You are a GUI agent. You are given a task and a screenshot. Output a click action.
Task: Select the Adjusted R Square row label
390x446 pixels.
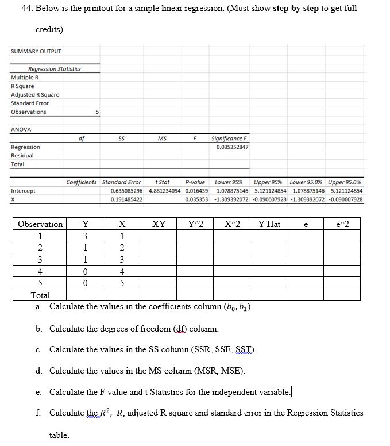click(35, 95)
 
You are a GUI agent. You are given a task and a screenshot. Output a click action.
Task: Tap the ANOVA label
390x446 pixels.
click(21, 129)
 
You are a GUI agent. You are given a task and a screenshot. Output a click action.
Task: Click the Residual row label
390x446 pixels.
click(22, 156)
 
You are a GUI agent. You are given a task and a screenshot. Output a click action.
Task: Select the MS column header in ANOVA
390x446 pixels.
click(163, 139)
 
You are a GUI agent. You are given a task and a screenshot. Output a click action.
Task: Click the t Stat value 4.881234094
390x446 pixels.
click(164, 191)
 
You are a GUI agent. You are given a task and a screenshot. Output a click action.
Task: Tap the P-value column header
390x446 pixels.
click(195, 182)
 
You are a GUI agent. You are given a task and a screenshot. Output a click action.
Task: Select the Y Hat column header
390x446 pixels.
click(269, 224)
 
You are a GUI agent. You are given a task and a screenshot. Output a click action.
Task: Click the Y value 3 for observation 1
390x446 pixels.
click(86, 236)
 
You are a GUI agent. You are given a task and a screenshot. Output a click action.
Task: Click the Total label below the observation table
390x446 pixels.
click(40, 295)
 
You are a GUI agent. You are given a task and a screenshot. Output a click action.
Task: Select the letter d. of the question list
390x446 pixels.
click(38, 371)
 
